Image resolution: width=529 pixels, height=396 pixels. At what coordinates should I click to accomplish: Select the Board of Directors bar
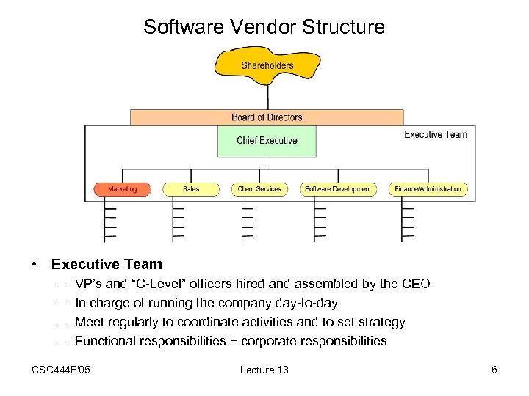(267, 117)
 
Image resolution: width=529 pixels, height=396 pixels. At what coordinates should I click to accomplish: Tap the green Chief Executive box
(267, 141)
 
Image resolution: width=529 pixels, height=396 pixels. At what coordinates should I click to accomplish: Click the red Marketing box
(122, 189)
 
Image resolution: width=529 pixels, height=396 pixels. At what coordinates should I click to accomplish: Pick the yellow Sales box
(191, 189)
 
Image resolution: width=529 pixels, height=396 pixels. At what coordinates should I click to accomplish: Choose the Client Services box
(259, 189)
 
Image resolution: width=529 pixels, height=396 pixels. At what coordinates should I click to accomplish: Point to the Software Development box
(338, 189)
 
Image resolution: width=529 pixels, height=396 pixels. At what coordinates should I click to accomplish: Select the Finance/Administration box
(428, 189)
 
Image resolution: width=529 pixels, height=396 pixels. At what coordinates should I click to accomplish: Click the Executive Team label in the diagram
(435, 134)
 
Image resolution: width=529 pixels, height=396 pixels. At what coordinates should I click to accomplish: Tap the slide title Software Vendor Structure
(264, 27)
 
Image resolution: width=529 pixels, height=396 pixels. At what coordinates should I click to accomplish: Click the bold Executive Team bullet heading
(107, 264)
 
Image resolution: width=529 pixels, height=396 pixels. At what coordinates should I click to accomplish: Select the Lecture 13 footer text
(264, 370)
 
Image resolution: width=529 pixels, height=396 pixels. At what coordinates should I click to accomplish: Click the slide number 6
(494, 370)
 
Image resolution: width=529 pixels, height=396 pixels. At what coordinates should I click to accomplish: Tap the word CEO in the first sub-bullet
(417, 284)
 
